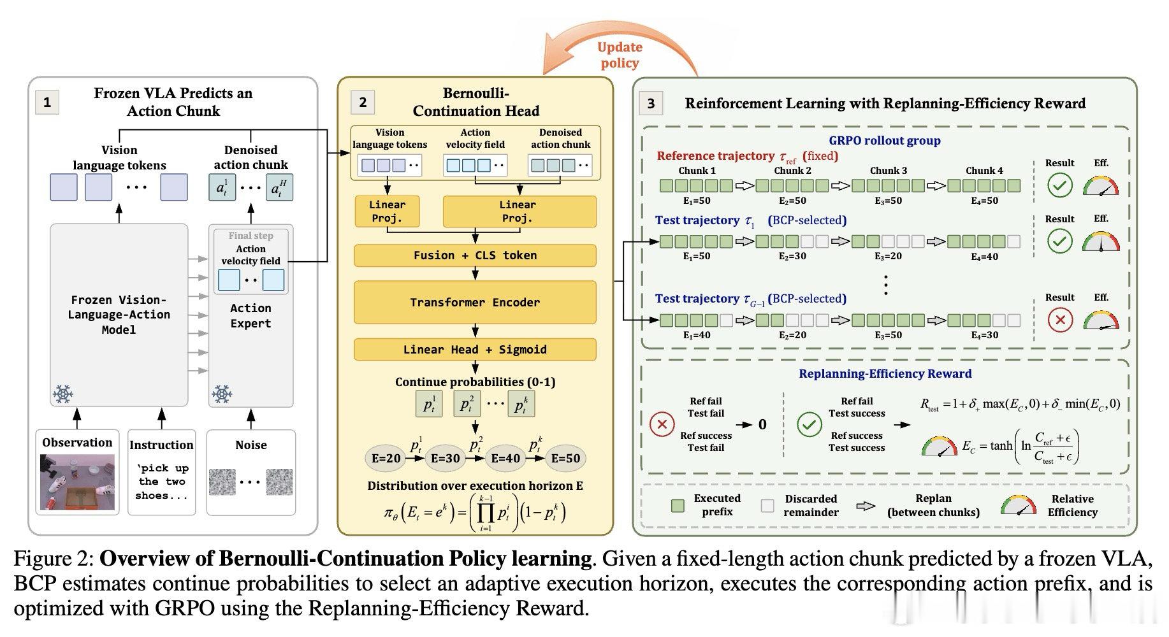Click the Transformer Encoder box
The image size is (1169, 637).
coord(475,303)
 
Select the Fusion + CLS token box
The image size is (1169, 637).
coord(475,255)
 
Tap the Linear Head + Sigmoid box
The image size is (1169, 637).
coord(475,350)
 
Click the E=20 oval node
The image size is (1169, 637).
coord(386,458)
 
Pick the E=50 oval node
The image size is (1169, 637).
coord(565,458)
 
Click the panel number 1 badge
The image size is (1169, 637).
coord(47,102)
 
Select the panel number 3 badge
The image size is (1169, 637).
coord(651,103)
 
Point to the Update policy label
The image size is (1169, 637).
coord(620,55)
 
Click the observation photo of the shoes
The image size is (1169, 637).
coord(78,482)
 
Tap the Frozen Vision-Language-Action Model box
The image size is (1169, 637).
coord(119,315)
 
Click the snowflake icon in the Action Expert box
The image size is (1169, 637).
coord(222,394)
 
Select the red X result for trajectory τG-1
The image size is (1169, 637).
coord(1060,320)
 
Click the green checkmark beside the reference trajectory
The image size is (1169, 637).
coord(1060,185)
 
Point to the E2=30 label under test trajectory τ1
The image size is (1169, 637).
coord(792,256)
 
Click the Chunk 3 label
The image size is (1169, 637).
coord(889,171)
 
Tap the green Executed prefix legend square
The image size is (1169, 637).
coord(678,506)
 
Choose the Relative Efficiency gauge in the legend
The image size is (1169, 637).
coord(1019,506)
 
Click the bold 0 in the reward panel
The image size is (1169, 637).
coord(762,424)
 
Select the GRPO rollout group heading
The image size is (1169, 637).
coord(884,141)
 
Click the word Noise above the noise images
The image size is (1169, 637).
coord(251,445)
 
